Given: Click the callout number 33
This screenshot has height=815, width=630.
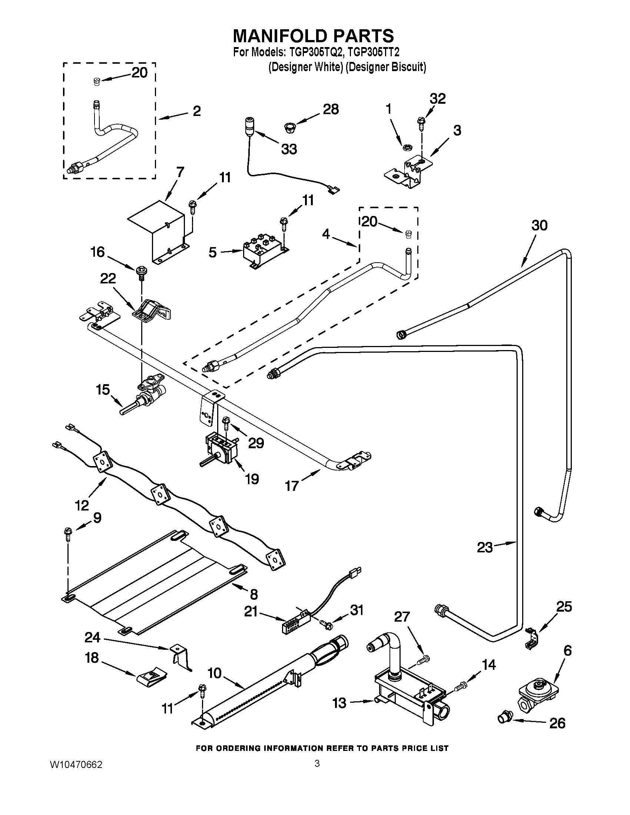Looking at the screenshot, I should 289,149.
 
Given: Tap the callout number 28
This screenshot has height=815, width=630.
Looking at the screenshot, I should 331,109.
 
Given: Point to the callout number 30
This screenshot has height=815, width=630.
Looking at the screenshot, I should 539,225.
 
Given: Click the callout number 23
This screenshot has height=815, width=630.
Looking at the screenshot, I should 485,548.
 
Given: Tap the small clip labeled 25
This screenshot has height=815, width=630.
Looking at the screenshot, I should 531,639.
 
